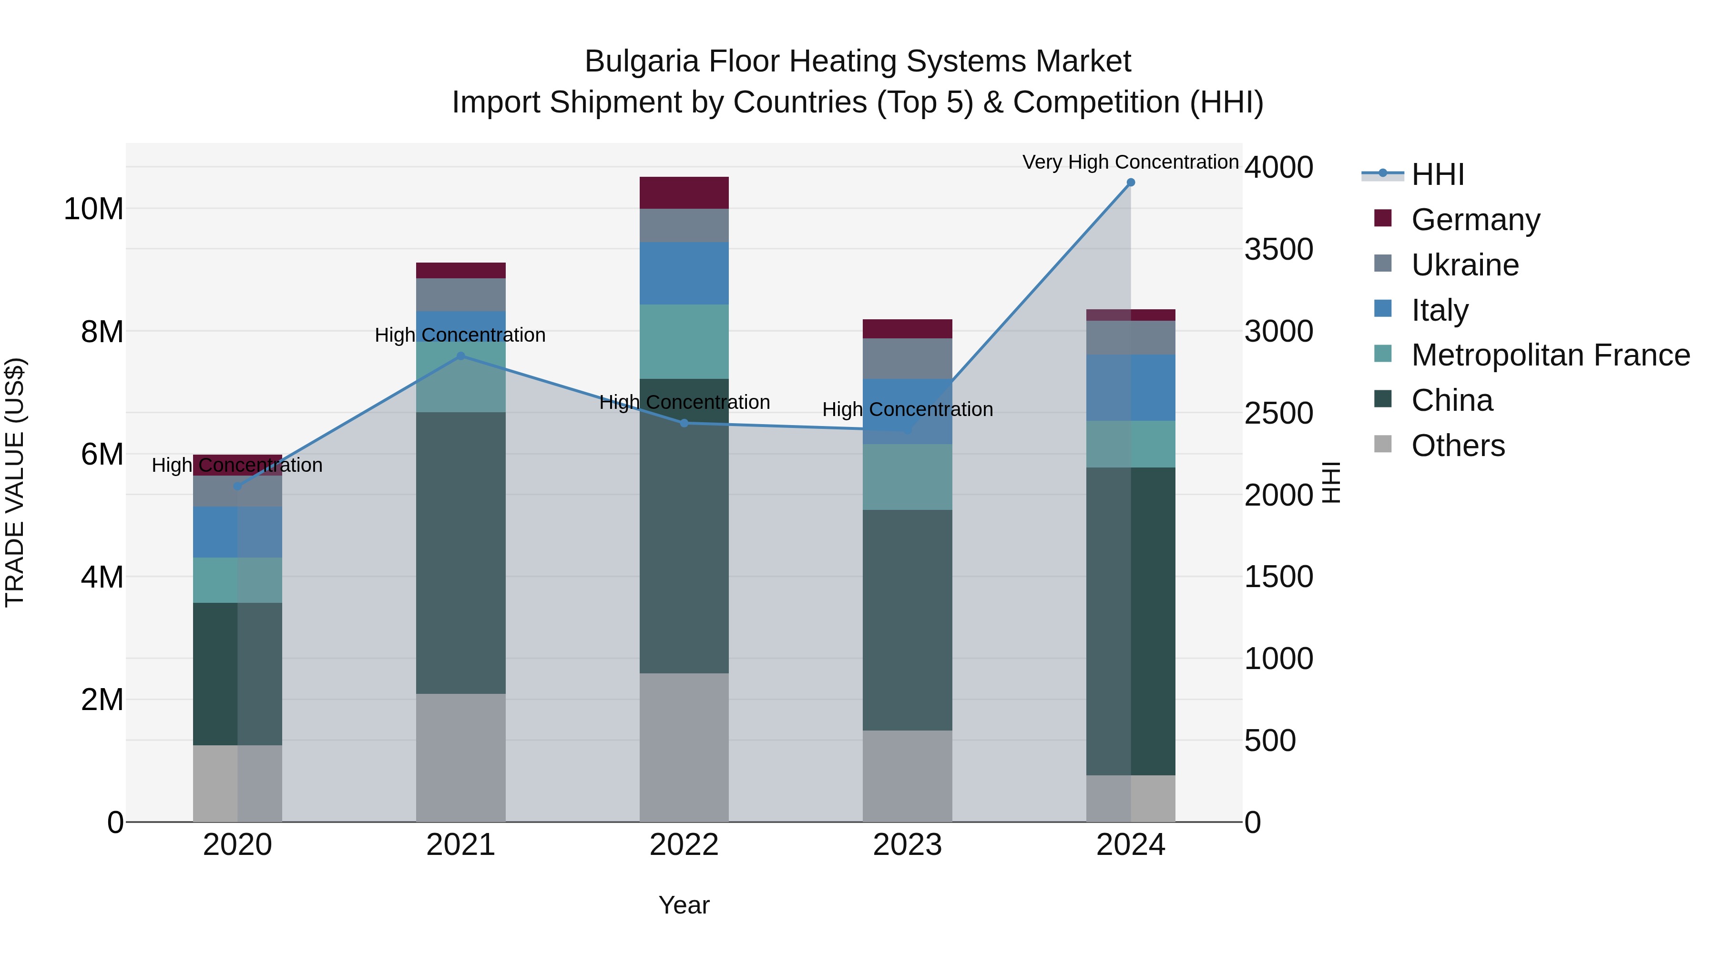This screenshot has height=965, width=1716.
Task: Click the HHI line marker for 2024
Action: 1131,183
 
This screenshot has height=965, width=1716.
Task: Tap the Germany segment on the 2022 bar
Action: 684,193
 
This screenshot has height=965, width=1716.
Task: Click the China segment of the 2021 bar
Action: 460,553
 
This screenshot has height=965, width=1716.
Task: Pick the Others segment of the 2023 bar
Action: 907,776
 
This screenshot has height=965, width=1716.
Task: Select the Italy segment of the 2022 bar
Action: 684,273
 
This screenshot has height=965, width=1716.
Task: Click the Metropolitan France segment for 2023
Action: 907,477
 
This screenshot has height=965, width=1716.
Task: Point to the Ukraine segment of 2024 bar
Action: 1131,338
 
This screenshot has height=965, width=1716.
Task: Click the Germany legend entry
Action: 1475,220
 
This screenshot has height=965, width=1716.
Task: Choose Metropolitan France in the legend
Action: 1550,355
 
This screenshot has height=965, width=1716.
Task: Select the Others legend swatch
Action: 1383,444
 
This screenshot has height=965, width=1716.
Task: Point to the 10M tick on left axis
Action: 93,209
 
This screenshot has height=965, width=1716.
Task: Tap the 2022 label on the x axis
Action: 684,845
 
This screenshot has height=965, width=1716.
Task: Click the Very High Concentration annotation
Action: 1131,162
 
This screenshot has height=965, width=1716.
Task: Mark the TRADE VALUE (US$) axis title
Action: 15,482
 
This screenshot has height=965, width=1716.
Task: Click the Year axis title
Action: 684,905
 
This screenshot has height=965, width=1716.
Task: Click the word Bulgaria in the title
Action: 642,61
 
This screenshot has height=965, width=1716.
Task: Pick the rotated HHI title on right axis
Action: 1330,482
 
